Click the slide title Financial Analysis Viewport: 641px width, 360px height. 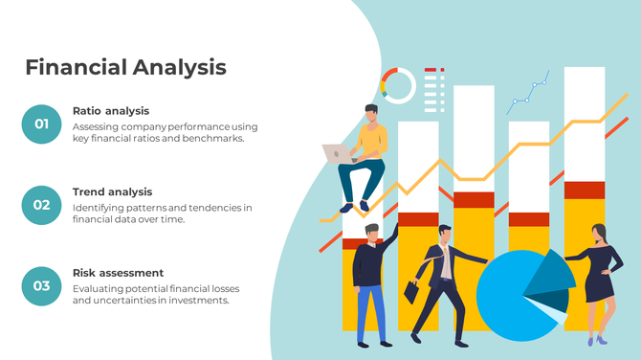click(125, 67)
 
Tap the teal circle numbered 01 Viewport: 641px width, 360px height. click(41, 124)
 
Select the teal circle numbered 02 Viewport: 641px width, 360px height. click(41, 205)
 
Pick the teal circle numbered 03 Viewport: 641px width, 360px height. click(41, 285)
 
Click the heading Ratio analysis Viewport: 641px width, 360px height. click(111, 111)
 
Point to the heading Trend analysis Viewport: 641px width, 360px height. click(112, 191)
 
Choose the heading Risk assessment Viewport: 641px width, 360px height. click(118, 273)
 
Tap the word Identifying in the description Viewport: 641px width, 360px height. click(100, 208)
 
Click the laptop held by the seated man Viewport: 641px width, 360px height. click(336, 153)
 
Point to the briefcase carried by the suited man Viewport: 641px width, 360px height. click(411, 291)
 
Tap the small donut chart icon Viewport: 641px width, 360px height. click(397, 85)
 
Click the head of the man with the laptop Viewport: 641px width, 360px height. click(371, 114)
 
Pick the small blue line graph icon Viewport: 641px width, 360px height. click(528, 90)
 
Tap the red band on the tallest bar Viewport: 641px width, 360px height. click(584, 190)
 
